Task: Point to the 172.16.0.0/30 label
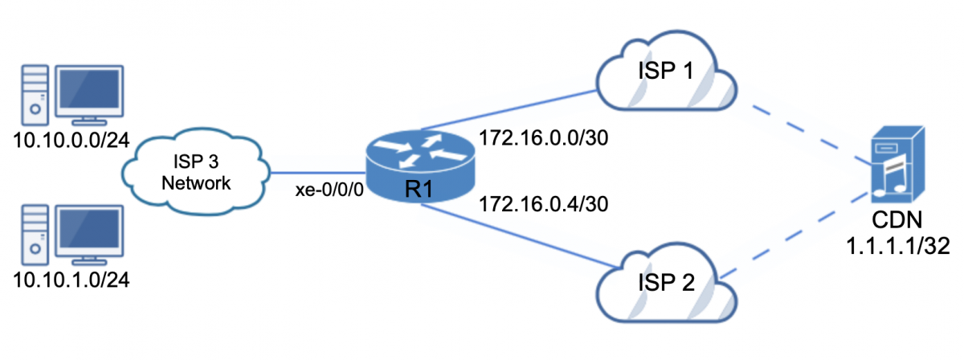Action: point(543,138)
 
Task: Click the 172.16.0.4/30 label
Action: point(543,203)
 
